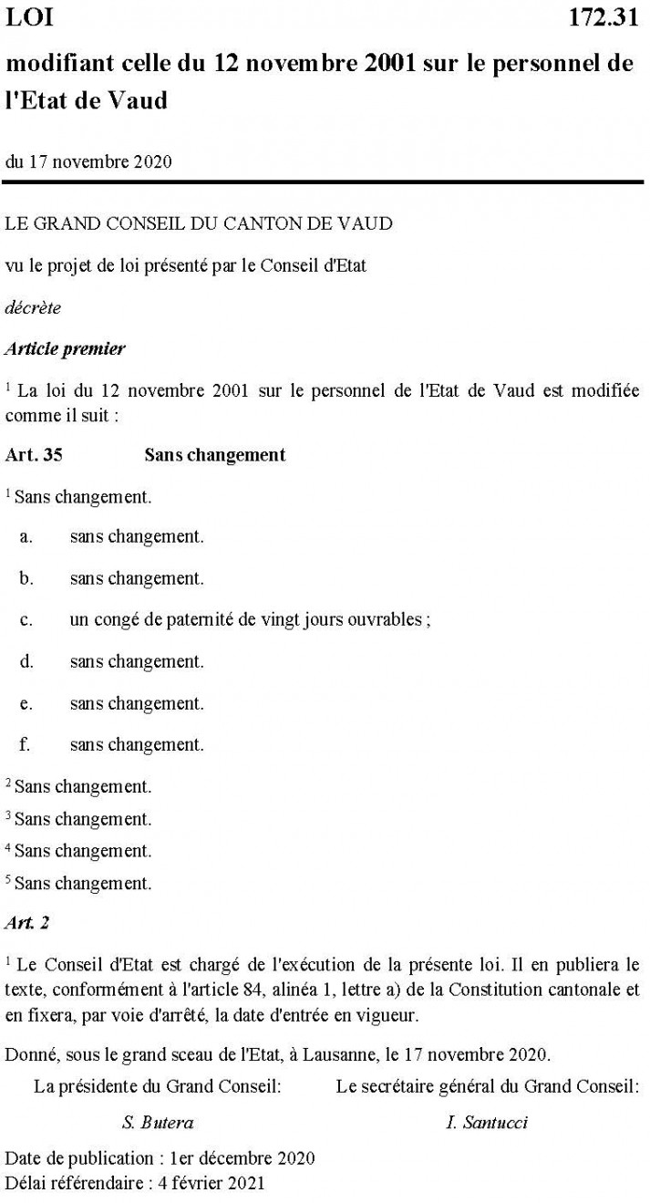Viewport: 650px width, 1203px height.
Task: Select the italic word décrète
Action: click(x=33, y=307)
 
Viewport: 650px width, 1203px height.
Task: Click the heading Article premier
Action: click(x=65, y=348)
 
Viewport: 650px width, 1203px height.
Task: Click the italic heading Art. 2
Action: click(x=27, y=922)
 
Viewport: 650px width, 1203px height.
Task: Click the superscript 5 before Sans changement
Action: click(x=8, y=880)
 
